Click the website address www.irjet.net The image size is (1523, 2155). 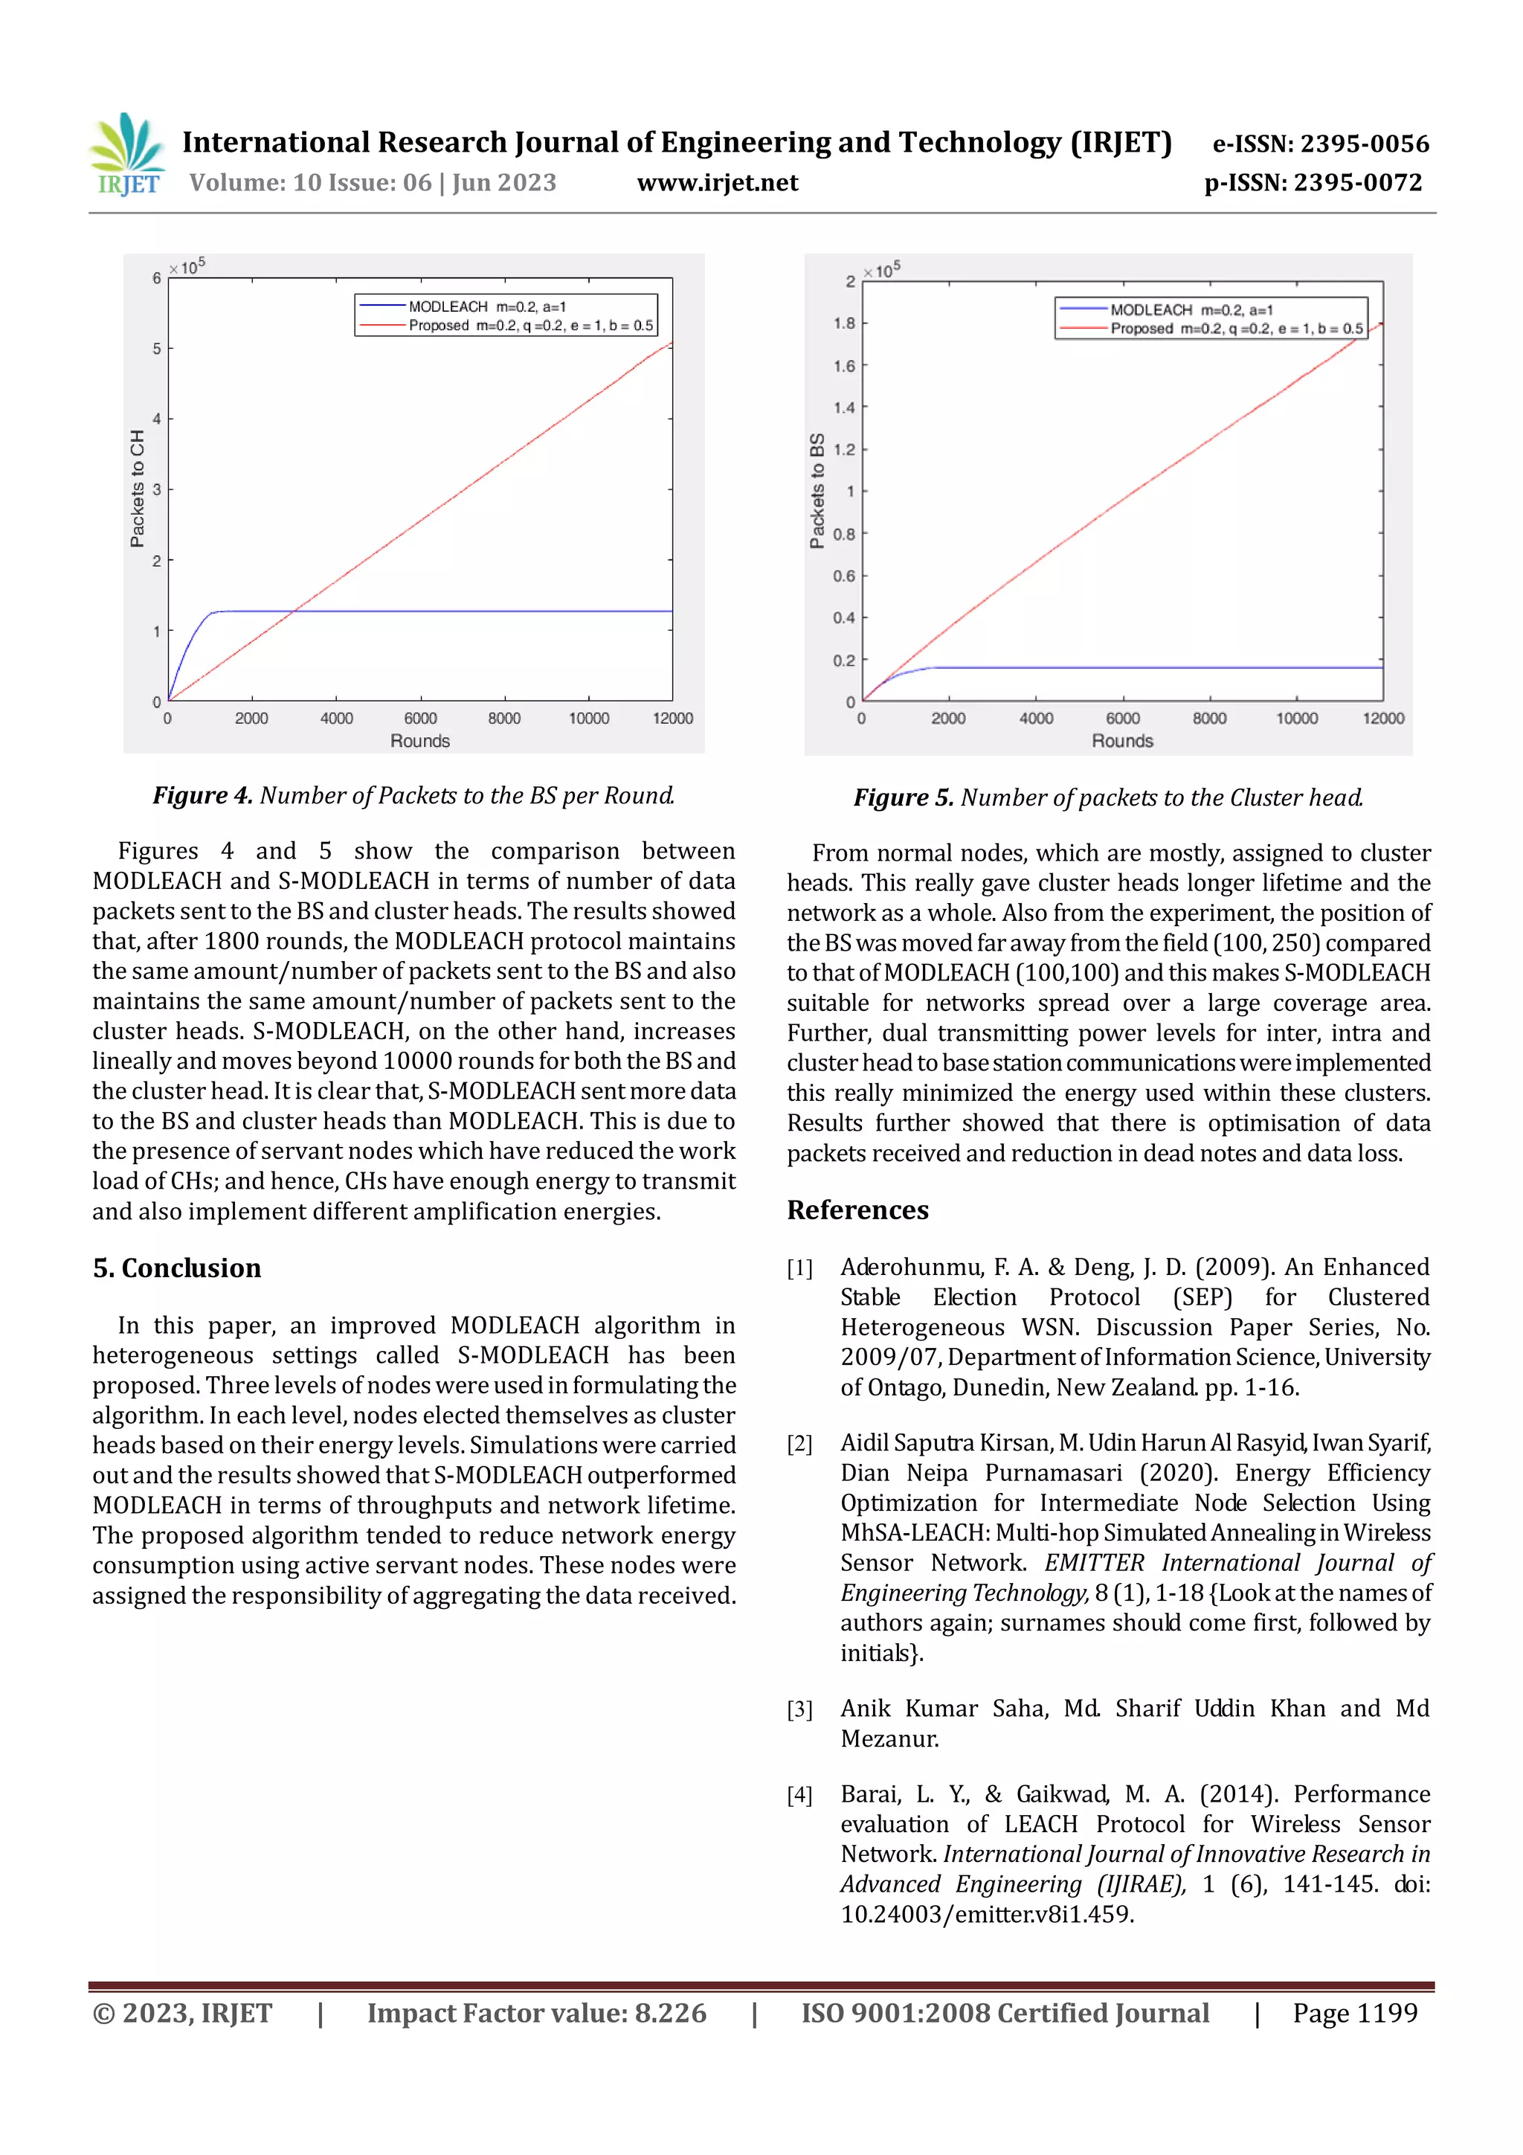click(717, 183)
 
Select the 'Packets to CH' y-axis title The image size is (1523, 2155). click(138, 488)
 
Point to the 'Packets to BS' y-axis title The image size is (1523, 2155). click(817, 491)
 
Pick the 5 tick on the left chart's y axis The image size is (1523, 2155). click(157, 348)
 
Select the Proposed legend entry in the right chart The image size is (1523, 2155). click(1235, 329)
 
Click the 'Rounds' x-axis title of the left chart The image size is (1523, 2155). click(419, 742)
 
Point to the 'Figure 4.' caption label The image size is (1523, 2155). click(203, 796)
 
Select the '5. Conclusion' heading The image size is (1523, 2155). click(176, 1268)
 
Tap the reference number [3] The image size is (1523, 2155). click(799, 1710)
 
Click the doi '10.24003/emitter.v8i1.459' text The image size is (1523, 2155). click(986, 1915)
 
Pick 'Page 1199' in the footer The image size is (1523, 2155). click(1354, 2013)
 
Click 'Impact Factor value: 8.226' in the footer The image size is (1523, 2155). click(536, 2013)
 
